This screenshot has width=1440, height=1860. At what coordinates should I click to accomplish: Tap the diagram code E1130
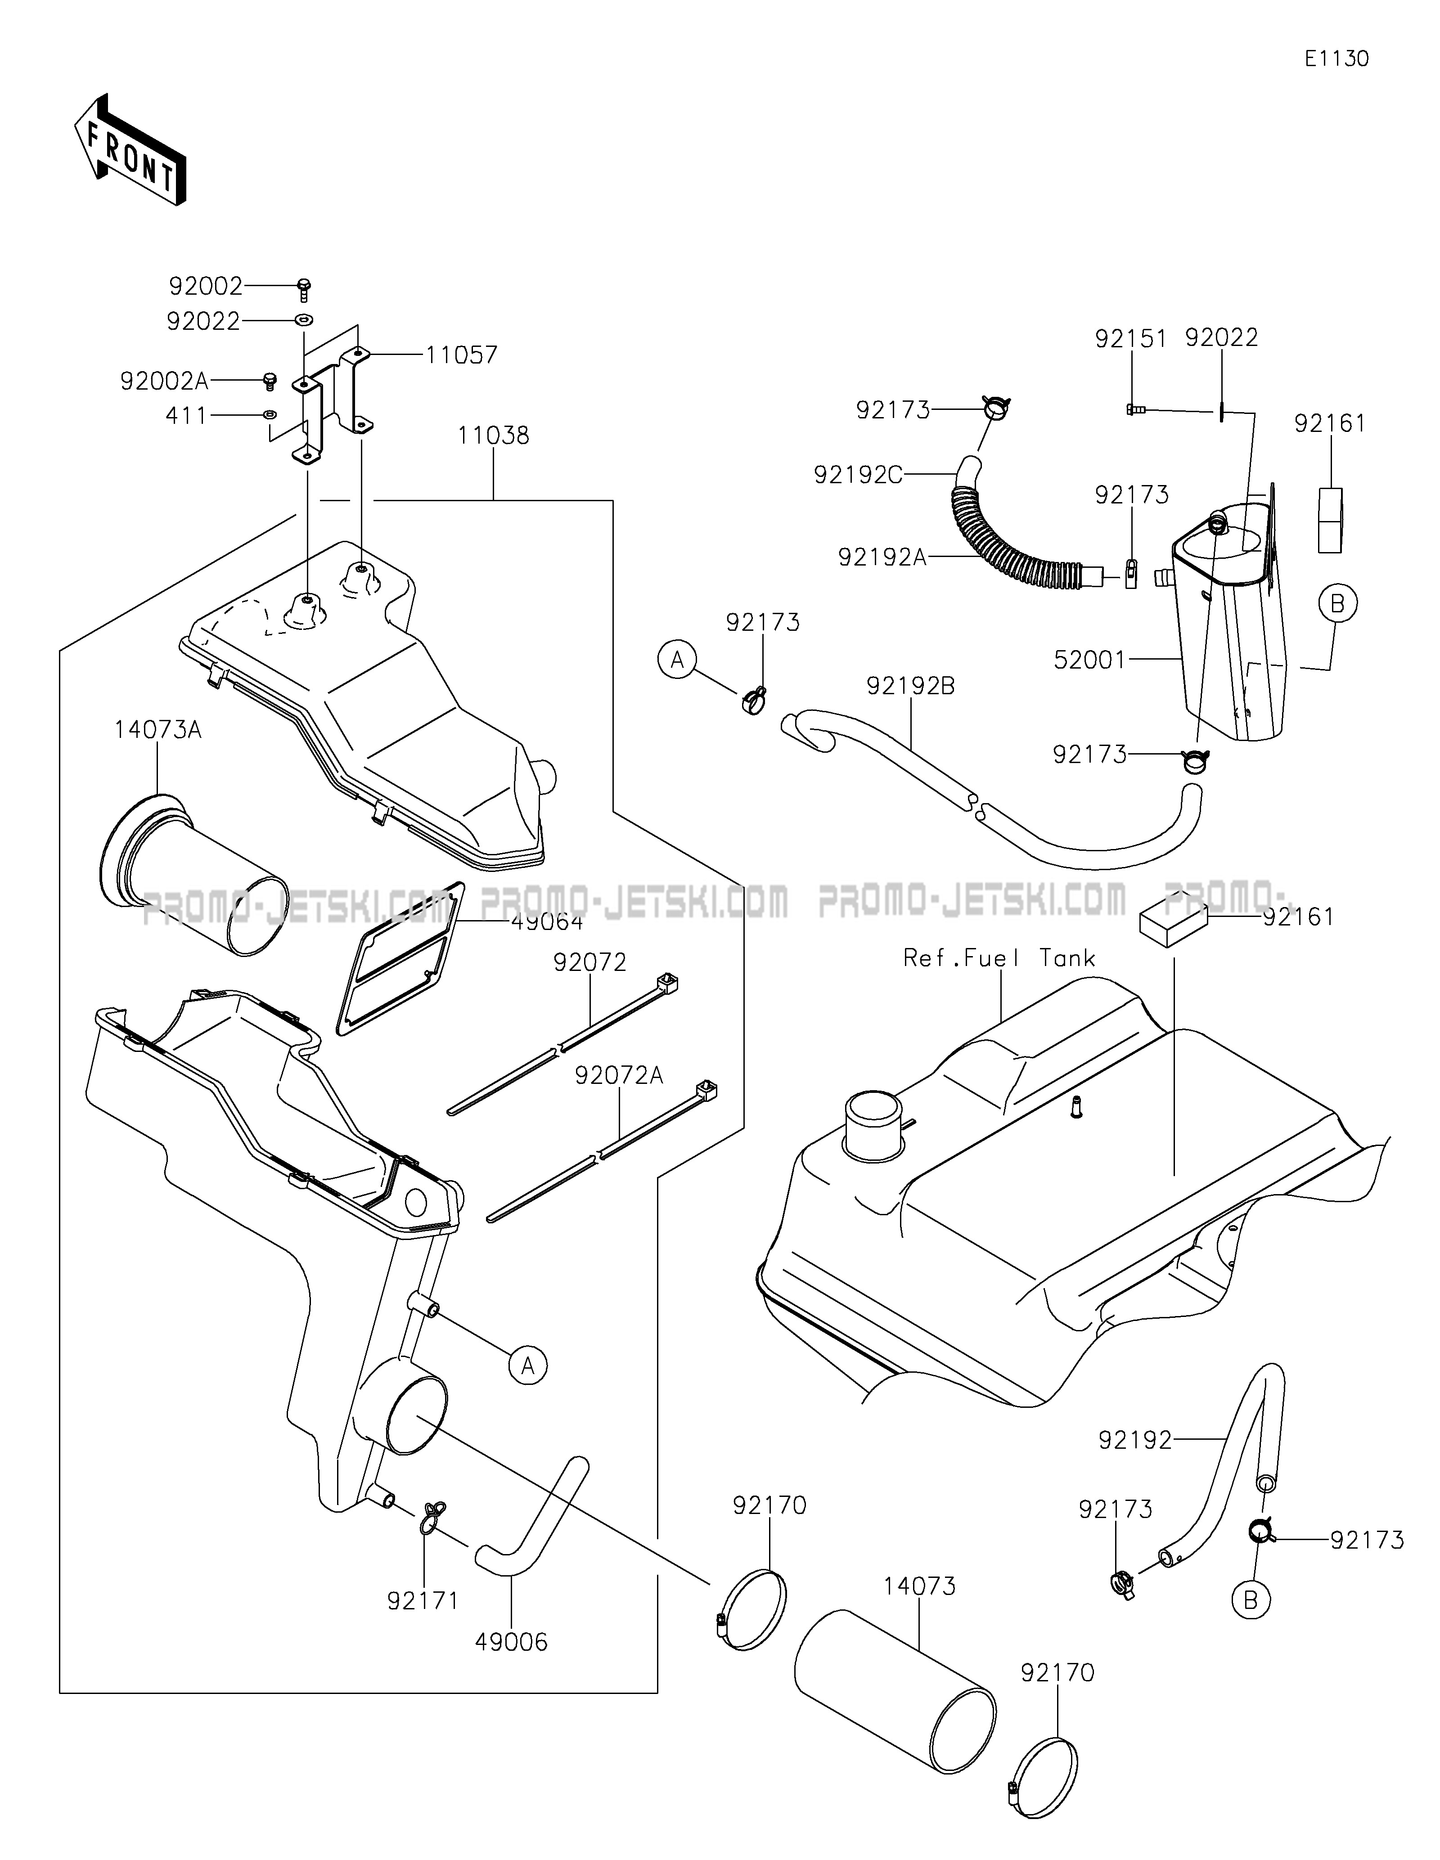point(1336,59)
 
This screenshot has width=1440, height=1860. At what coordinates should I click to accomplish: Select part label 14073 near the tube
point(920,1586)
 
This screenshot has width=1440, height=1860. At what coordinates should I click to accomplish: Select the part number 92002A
point(164,381)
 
